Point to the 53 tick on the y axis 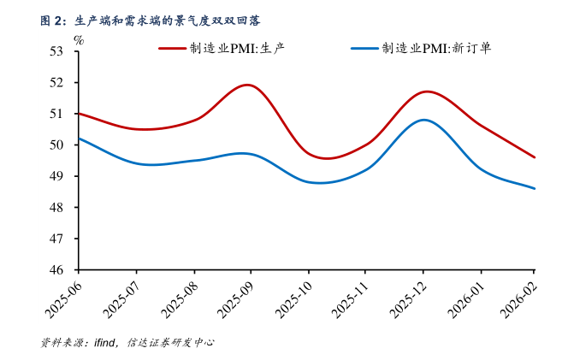click(58, 51)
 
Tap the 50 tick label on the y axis click(58, 145)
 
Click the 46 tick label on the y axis click(58, 270)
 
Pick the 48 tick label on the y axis click(58, 208)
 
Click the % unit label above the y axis click(79, 38)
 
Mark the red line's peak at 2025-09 click(249, 85)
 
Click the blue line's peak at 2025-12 click(423, 120)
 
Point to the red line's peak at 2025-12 click(425, 91)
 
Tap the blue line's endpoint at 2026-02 click(535, 188)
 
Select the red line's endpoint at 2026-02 click(535, 157)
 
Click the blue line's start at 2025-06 click(79, 139)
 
